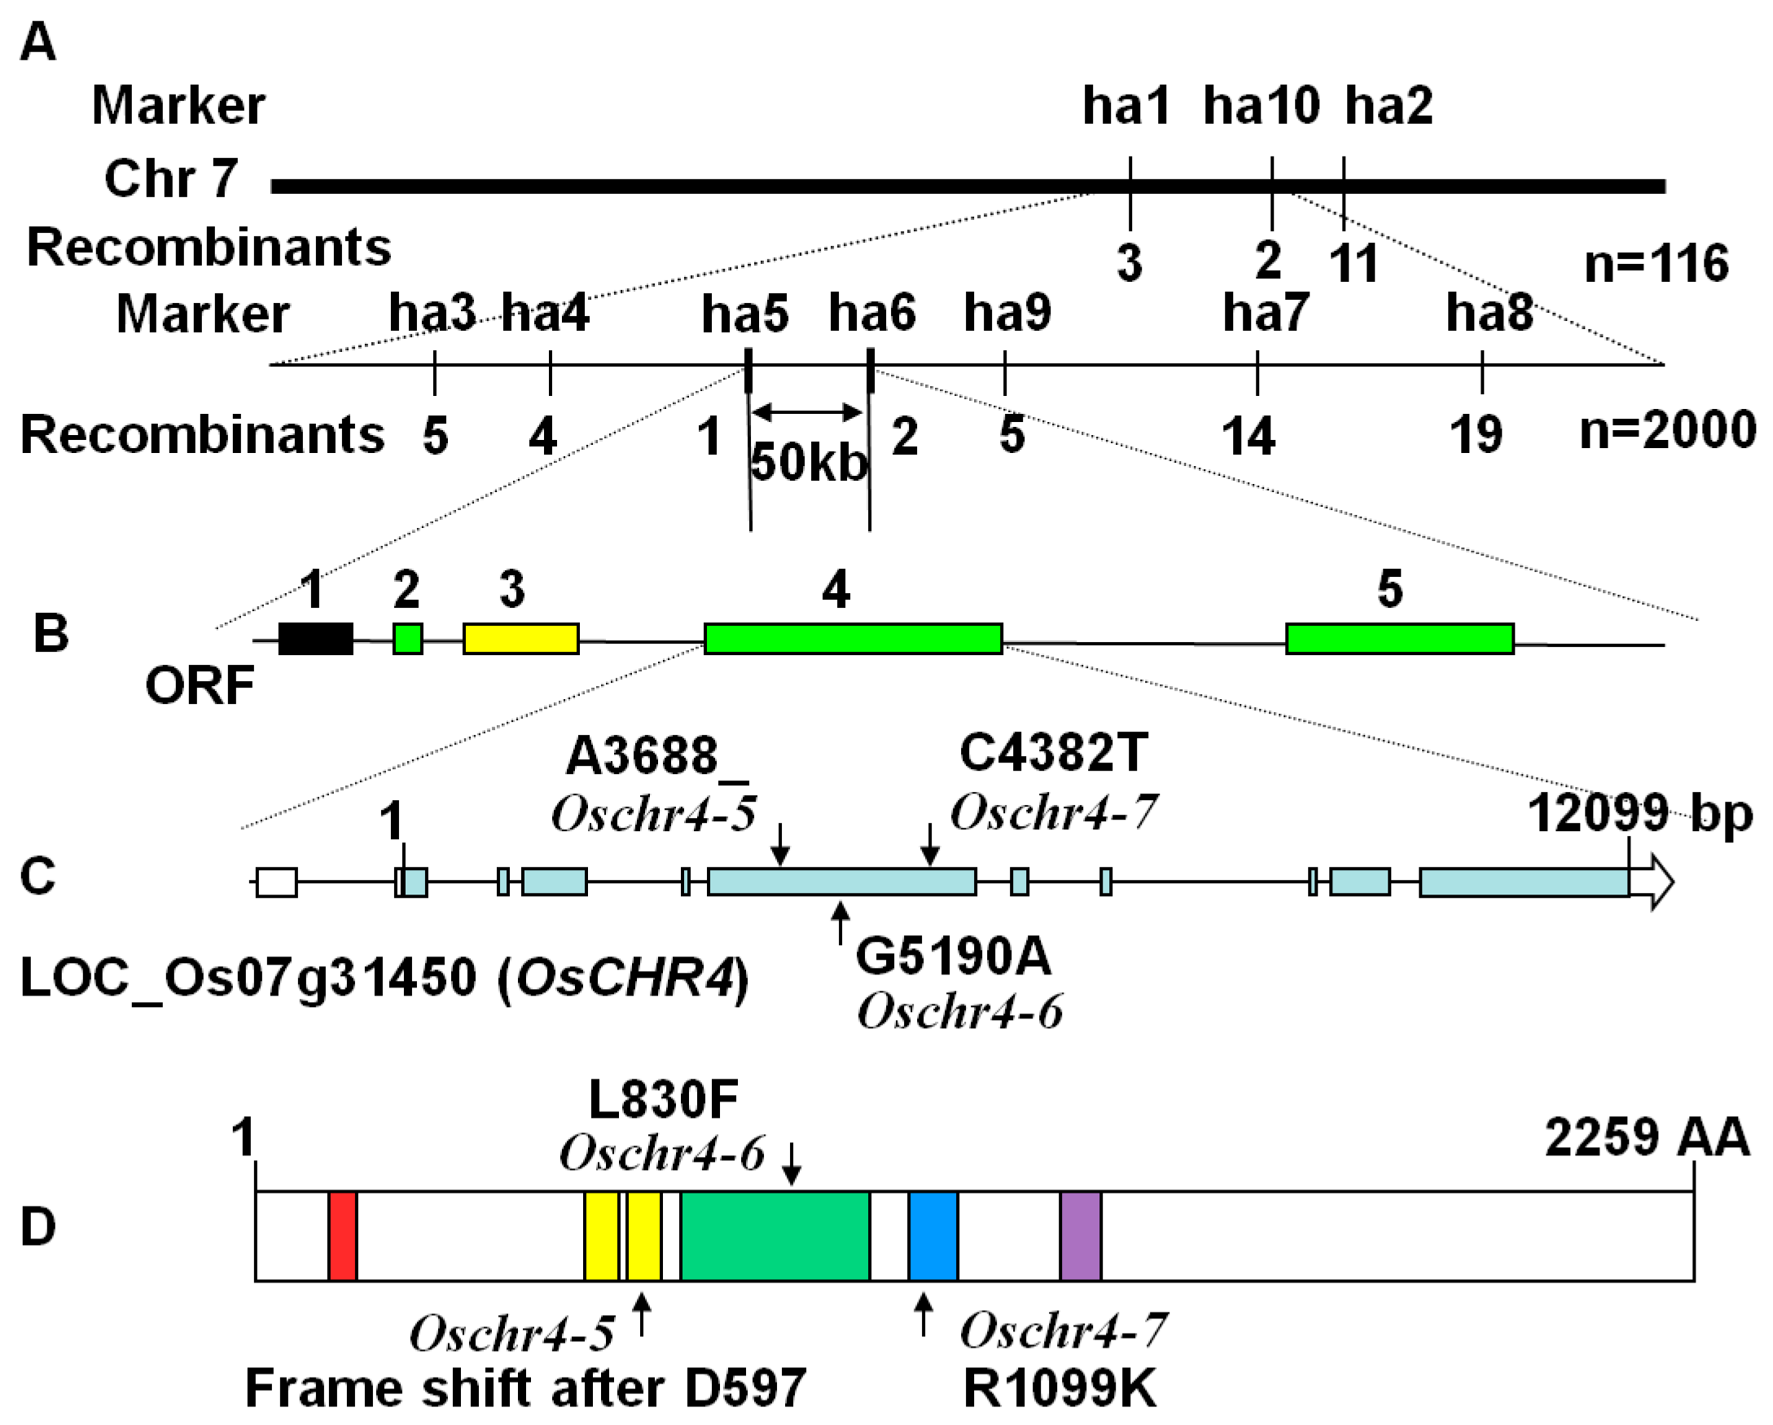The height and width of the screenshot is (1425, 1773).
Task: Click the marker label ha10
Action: click(x=1262, y=106)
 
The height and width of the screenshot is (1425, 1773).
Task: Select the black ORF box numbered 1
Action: click(x=316, y=639)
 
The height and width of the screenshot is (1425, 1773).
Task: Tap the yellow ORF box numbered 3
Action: click(x=520, y=639)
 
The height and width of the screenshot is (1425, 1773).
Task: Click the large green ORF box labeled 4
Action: click(x=853, y=639)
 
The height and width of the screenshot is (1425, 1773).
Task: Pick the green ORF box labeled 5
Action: click(x=1400, y=639)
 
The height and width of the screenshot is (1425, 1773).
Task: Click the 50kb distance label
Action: click(x=810, y=463)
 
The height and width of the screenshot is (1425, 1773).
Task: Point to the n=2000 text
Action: click(x=1667, y=430)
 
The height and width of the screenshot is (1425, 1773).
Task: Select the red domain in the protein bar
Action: click(x=342, y=1236)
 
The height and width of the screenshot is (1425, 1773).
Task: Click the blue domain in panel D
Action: click(x=933, y=1236)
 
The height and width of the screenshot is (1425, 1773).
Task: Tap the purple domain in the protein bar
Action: click(x=1081, y=1236)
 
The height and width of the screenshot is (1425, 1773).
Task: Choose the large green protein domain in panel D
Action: click(x=775, y=1236)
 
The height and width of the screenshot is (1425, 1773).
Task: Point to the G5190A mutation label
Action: click(x=953, y=957)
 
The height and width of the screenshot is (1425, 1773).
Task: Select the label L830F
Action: click(x=663, y=1100)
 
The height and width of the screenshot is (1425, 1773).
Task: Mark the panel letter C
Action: click(x=37, y=876)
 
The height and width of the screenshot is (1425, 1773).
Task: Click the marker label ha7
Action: click(x=1265, y=314)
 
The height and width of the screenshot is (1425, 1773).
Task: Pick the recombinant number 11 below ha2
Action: click(x=1354, y=264)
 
